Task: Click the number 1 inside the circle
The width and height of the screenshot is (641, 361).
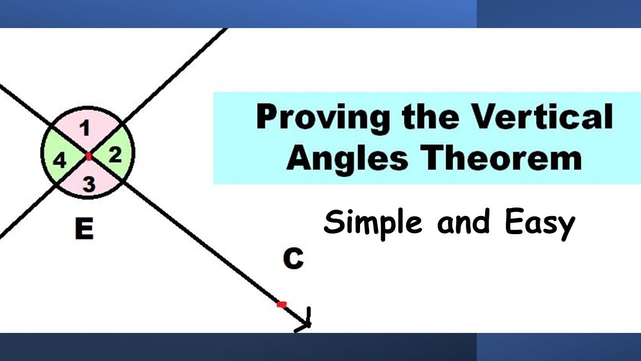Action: (86, 129)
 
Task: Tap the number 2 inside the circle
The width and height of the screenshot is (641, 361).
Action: (115, 155)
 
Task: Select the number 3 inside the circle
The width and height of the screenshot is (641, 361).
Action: (88, 185)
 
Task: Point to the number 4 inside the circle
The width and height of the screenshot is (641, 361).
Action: (60, 161)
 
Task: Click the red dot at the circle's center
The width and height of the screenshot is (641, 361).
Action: (89, 156)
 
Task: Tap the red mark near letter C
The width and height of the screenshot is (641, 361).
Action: (281, 304)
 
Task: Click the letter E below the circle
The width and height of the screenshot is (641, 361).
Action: (84, 230)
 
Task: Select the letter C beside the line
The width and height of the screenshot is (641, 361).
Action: (293, 259)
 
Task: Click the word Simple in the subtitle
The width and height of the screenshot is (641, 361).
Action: (373, 223)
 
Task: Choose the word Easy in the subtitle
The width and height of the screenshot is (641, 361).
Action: (540, 224)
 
